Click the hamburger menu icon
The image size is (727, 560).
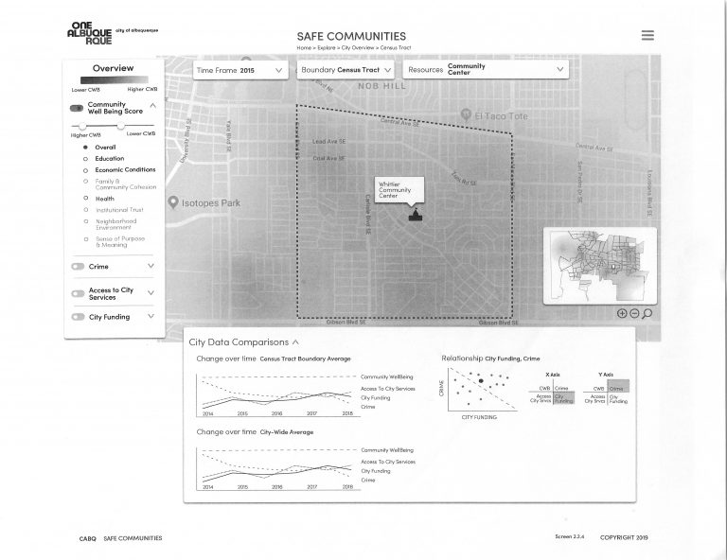coord(647,35)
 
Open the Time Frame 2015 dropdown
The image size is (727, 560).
coord(240,70)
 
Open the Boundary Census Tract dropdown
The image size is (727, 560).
coord(346,70)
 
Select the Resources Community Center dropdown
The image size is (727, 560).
coord(486,70)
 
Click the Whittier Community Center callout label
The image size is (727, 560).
coord(395,188)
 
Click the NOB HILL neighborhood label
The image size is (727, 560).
coord(381,86)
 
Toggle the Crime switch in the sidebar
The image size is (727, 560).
coord(78,267)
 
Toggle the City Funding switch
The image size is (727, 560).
coord(78,317)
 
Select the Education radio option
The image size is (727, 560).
coord(109,158)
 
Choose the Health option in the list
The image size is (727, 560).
coord(104,199)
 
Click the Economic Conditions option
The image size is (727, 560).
coord(125,169)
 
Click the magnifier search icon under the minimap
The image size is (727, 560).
coord(647,313)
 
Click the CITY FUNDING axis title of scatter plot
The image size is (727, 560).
coord(479,417)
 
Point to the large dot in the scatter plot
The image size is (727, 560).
coord(481,381)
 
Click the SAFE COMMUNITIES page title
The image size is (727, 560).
coord(351,36)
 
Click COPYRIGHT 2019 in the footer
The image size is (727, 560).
coord(623,537)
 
